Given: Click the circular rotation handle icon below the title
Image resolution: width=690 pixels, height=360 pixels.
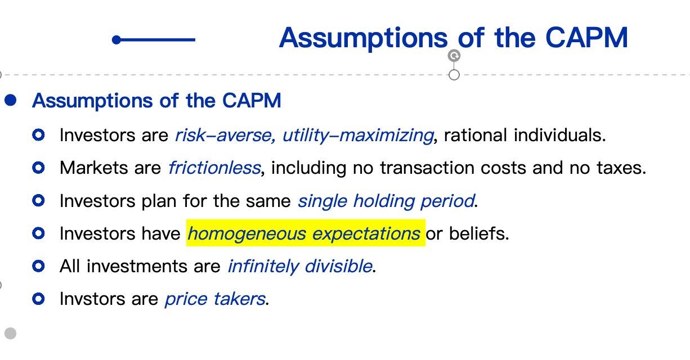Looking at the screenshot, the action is (x=454, y=56).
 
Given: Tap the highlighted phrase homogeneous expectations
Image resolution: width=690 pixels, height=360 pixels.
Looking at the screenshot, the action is (x=304, y=233).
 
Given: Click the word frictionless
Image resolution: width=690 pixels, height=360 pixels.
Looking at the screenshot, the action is (x=214, y=168).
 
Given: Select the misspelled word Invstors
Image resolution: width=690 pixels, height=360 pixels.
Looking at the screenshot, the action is (x=93, y=299).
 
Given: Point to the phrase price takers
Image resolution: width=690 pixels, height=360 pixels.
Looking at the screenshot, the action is (x=216, y=299).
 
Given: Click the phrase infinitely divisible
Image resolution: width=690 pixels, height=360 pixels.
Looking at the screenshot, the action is (x=301, y=266).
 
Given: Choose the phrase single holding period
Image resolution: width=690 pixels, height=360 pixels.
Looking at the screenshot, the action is (x=386, y=201).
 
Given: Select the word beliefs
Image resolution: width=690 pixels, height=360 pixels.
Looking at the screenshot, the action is (x=479, y=233).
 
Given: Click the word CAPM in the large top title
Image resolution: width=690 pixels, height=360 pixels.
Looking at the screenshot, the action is (x=586, y=38).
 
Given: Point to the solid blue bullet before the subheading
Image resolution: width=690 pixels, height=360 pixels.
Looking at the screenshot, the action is (x=11, y=100).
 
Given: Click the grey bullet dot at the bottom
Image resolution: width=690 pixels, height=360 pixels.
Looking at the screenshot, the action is (x=11, y=333).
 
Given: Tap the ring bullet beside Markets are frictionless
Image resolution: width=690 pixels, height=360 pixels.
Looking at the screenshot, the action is (x=38, y=168).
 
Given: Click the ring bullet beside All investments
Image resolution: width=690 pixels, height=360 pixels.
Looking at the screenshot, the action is (x=38, y=265).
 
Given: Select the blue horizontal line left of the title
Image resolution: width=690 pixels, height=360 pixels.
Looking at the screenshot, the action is (x=154, y=40).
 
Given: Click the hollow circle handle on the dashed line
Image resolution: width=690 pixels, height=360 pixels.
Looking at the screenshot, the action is (x=454, y=75).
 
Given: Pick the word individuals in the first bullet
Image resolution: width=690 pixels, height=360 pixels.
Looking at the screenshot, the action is (x=559, y=136).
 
